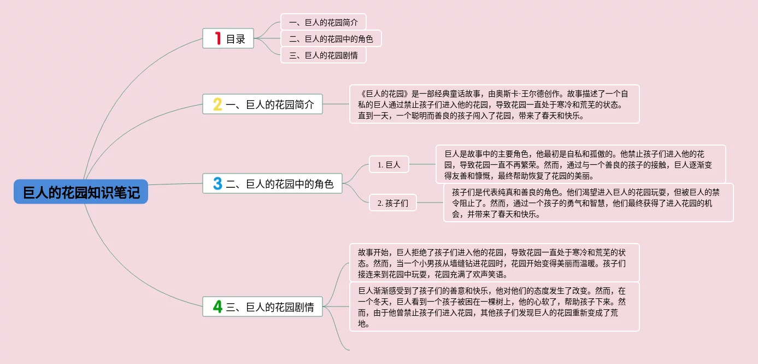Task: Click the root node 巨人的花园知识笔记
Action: (x=81, y=192)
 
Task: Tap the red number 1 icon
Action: (x=218, y=38)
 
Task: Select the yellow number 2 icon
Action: (x=218, y=105)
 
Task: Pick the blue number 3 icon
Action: (x=218, y=183)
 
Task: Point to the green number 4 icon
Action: (x=218, y=307)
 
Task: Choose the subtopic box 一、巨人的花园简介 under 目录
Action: (x=323, y=22)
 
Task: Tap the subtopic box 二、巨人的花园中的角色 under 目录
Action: (x=331, y=39)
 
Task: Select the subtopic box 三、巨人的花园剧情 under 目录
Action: (x=323, y=55)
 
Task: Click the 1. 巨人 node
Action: (x=389, y=164)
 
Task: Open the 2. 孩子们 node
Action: (x=393, y=203)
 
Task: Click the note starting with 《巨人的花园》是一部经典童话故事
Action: (x=494, y=104)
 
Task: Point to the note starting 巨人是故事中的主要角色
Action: (x=580, y=164)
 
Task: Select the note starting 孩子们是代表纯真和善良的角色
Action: (x=588, y=203)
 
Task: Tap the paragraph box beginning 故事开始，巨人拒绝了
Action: (x=494, y=263)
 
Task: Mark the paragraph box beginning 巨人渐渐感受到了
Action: (x=494, y=307)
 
